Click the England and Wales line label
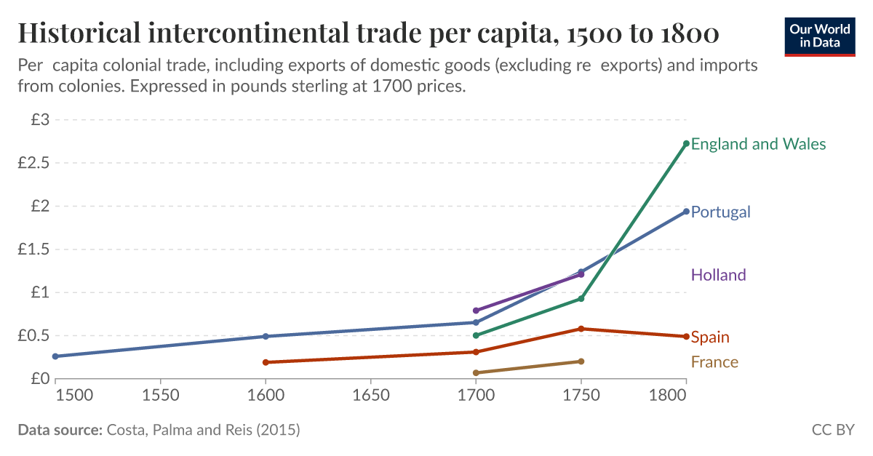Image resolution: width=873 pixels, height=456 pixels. coord(758,144)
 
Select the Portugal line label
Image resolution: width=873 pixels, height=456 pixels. coord(720,212)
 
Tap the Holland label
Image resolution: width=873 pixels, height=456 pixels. coord(718,275)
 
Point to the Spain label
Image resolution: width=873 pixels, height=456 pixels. coord(710,337)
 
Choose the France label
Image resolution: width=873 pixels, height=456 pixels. coord(714,362)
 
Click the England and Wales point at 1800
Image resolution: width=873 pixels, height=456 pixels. coord(686,143)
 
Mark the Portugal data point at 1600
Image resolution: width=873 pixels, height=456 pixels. coord(266,336)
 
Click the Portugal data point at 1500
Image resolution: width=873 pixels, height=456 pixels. coord(55,356)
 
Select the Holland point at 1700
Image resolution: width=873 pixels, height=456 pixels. coord(476,311)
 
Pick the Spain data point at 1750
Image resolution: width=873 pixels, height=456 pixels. coord(581,329)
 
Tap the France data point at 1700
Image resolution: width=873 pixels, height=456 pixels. coord(476,373)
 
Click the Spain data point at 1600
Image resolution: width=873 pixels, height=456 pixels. coord(266,362)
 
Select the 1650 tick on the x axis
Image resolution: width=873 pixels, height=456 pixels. coord(370,396)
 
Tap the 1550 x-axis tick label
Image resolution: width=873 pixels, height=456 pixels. coord(160,396)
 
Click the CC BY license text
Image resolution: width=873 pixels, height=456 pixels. coord(832,430)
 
